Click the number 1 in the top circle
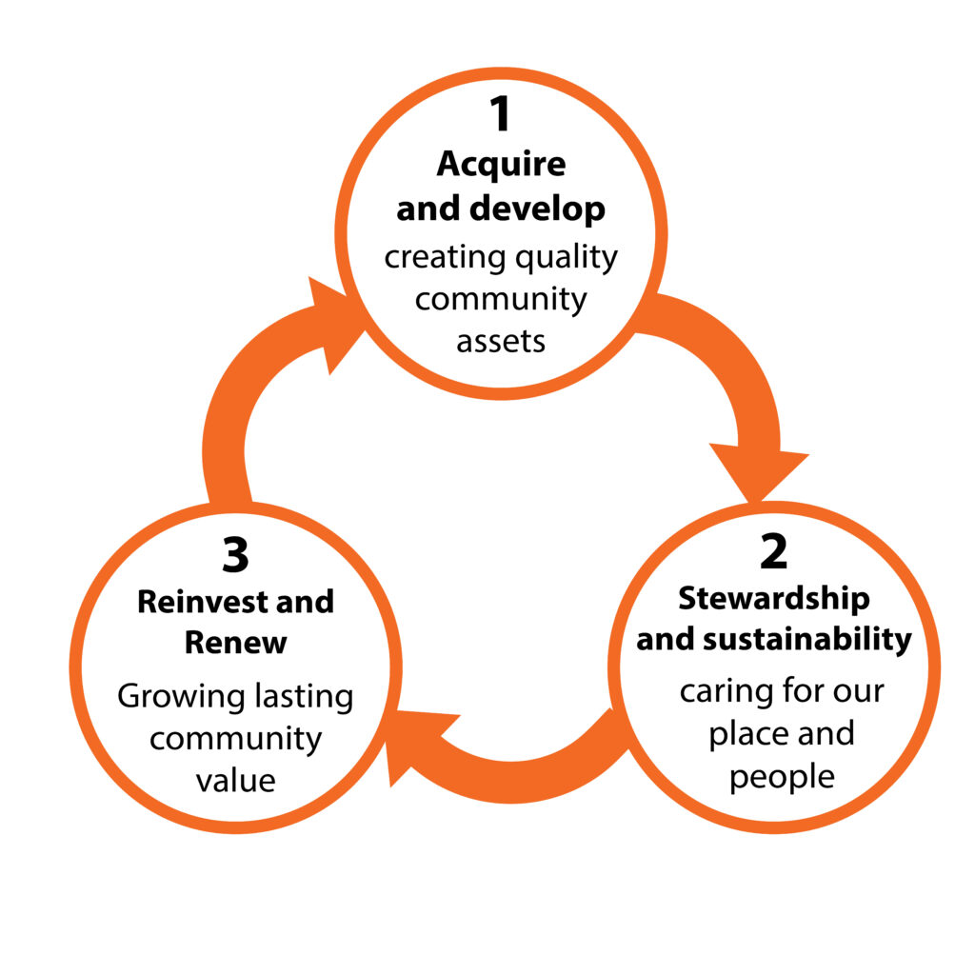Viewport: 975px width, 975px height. [x=500, y=115]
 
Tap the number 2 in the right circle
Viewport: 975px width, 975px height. [x=773, y=552]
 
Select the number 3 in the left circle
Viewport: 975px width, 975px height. [x=235, y=556]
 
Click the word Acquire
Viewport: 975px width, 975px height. [x=501, y=165]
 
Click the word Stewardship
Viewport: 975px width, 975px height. [x=773, y=599]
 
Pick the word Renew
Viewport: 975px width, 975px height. [x=235, y=643]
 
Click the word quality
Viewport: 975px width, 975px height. [x=566, y=257]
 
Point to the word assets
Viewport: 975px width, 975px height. [x=501, y=341]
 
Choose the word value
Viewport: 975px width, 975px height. [x=235, y=781]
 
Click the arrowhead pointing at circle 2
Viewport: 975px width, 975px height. [x=758, y=471]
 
